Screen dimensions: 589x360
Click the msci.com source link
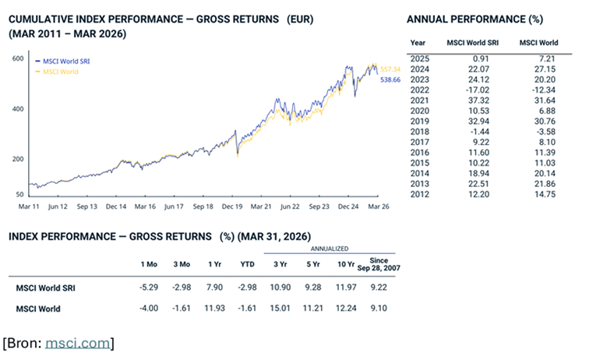(77, 343)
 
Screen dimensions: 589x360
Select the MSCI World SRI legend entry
(62, 62)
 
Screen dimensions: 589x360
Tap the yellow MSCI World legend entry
(57, 72)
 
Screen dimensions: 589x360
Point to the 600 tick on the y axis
(18, 58)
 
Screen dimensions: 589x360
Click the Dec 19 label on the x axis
(231, 206)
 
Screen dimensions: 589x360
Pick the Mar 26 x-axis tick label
(379, 206)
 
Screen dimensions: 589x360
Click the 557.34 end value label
(390, 69)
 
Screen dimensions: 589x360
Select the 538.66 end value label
(390, 79)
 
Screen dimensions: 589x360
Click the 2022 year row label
(420, 90)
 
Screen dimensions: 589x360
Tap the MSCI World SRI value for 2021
(479, 101)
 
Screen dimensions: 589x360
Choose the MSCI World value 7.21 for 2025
(547, 58)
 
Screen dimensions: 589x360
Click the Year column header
(418, 42)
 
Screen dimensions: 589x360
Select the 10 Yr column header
(346, 264)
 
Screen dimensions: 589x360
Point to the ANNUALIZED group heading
(329, 249)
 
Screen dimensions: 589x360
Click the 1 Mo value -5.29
(149, 288)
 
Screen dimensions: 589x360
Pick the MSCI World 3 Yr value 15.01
(280, 308)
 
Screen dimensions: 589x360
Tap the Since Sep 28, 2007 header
(379, 264)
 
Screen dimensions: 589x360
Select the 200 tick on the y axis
(18, 159)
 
